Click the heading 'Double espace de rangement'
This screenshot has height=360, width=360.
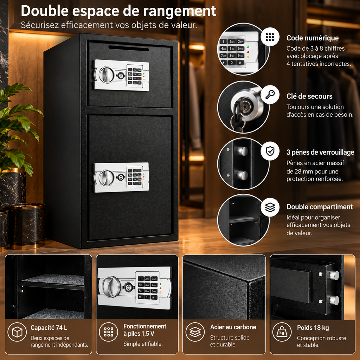pos(118,11)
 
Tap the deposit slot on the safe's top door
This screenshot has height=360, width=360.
pos(129,48)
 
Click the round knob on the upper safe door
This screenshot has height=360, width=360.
pos(106,75)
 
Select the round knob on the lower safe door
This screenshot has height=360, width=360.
pos(106,178)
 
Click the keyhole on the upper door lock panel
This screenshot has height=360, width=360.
pos(121,76)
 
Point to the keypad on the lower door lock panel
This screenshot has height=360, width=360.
pos(135,177)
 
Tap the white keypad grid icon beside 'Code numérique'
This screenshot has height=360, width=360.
pos(270,37)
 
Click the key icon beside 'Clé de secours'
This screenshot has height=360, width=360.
pos(270,94)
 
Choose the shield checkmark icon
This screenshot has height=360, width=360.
pos(270,151)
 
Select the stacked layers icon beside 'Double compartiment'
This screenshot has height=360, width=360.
pos(270,207)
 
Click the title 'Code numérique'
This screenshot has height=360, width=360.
pos(313,38)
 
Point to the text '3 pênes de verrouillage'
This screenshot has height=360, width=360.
pos(320,152)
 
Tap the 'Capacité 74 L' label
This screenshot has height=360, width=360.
pos(49,328)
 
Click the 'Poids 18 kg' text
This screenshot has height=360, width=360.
pos(313,328)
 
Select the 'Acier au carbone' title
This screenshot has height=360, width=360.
pos(233,327)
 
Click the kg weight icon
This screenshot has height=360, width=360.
pos(282,332)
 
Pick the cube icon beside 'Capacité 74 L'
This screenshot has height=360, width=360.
pos(17,332)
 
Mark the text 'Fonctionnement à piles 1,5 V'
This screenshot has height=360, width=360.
pos(145,330)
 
